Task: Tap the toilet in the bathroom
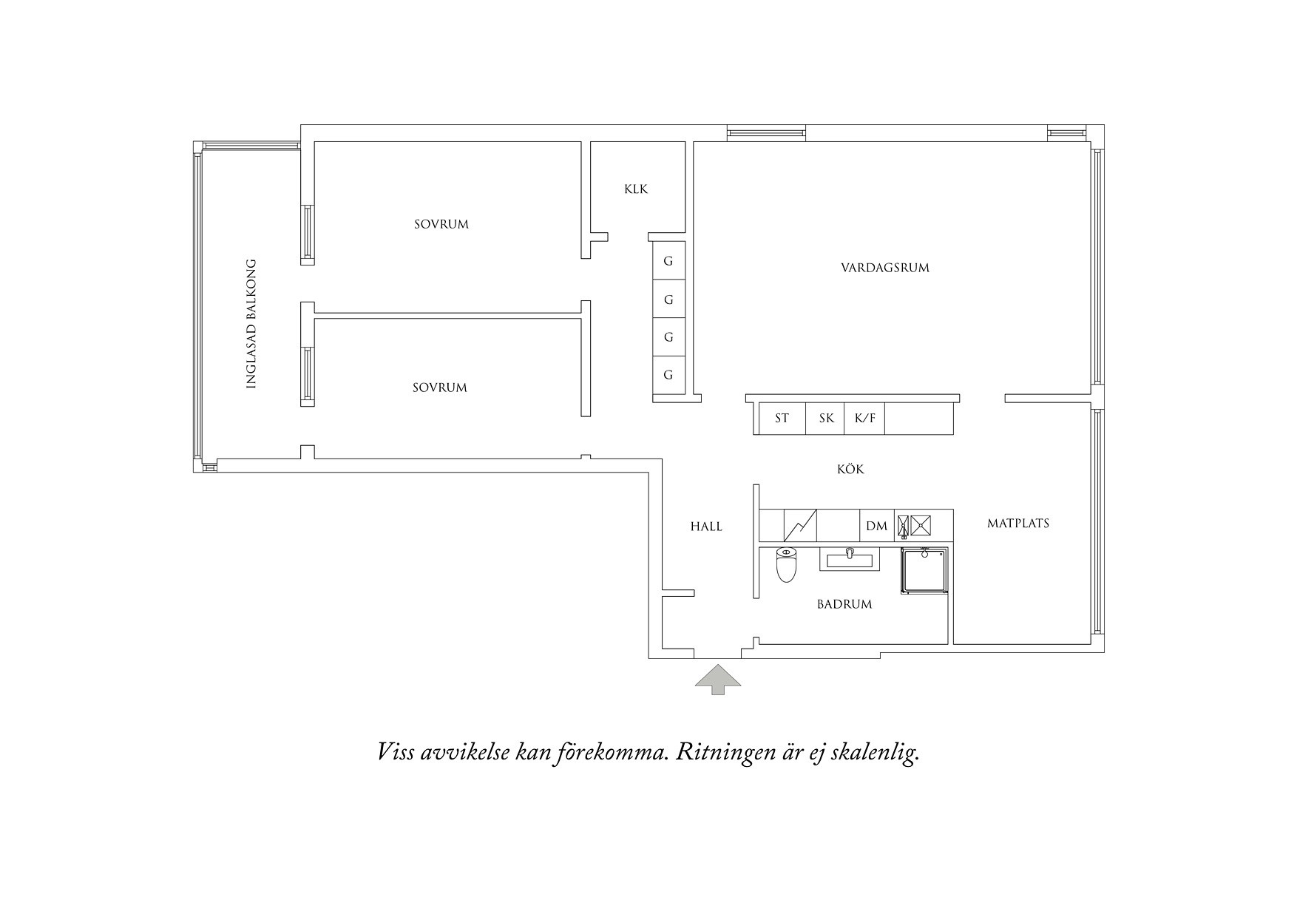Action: tap(786, 564)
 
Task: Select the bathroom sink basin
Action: tap(850, 559)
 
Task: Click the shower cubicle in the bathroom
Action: tap(924, 570)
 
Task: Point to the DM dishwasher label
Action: tap(876, 527)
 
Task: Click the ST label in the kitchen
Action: tap(782, 419)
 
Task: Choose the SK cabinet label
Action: tap(826, 419)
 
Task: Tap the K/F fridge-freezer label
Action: tap(865, 419)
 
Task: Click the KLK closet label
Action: tap(636, 189)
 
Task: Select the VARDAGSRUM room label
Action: tap(885, 268)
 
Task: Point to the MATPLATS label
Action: tap(1018, 524)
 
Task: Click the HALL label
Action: tap(706, 527)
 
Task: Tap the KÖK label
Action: tap(850, 469)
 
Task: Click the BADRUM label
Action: tap(844, 604)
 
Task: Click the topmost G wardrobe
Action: tap(668, 261)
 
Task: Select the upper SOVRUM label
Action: tap(441, 224)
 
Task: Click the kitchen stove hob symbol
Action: tap(915, 525)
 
